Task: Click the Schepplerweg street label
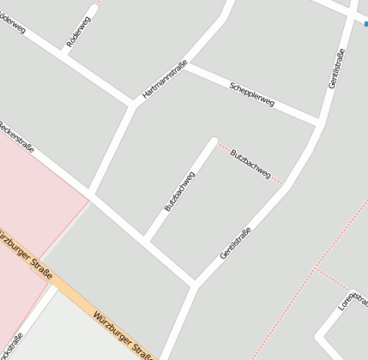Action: [x=252, y=94]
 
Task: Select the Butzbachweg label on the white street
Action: [x=179, y=191]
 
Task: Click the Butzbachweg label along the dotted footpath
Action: [x=250, y=163]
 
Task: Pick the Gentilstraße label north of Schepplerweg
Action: [x=336, y=69]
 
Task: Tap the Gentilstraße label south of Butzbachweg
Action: [x=235, y=243]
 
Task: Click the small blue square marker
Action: [x=366, y=24]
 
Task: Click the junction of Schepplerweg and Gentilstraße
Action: [x=319, y=123]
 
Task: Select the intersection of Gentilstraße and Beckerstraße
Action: [x=195, y=283]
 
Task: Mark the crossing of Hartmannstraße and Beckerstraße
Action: [x=90, y=193]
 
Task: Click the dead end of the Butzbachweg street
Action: [x=213, y=140]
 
